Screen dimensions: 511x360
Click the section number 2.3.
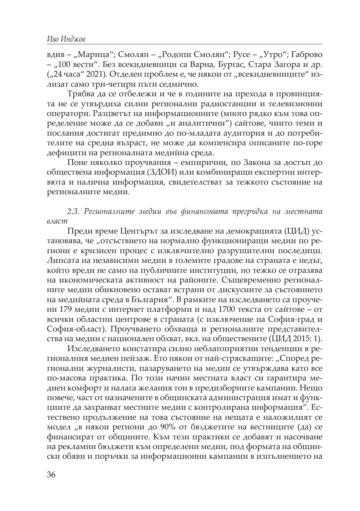[73, 212]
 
